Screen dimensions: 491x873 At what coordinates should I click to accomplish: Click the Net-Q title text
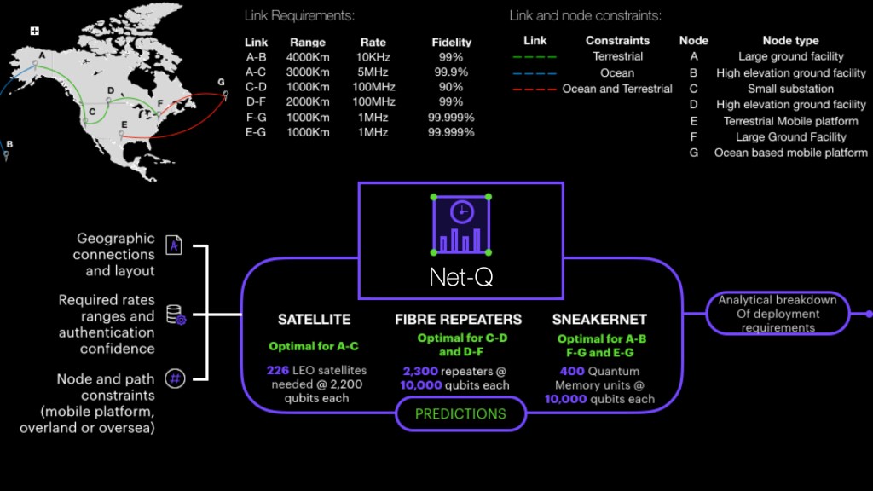pyautogui.click(x=460, y=278)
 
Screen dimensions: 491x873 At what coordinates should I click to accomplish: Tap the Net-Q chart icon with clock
pyautogui.click(x=460, y=225)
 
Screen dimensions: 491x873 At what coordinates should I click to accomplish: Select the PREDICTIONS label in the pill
pyautogui.click(x=460, y=414)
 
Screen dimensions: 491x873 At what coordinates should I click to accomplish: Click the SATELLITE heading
pyautogui.click(x=314, y=320)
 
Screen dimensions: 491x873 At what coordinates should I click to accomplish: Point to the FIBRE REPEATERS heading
pyautogui.click(x=458, y=320)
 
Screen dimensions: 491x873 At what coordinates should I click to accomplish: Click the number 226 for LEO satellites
pyautogui.click(x=278, y=370)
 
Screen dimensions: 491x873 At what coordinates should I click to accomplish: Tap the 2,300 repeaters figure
pyautogui.click(x=421, y=371)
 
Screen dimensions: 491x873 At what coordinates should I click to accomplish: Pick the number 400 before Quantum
pyautogui.click(x=572, y=372)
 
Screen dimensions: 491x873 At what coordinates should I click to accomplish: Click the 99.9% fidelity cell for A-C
pyautogui.click(x=451, y=72)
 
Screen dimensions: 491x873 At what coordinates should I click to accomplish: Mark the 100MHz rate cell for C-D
pyautogui.click(x=373, y=87)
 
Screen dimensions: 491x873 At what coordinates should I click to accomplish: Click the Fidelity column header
pyautogui.click(x=451, y=42)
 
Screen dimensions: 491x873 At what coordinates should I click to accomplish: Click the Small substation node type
pyautogui.click(x=790, y=89)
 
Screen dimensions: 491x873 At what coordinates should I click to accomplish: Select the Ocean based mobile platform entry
pyautogui.click(x=790, y=153)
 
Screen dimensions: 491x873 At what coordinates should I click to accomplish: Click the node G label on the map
pyautogui.click(x=221, y=82)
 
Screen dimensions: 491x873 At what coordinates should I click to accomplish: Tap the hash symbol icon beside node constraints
pyautogui.click(x=175, y=378)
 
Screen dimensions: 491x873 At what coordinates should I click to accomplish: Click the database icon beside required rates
pyautogui.click(x=175, y=315)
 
